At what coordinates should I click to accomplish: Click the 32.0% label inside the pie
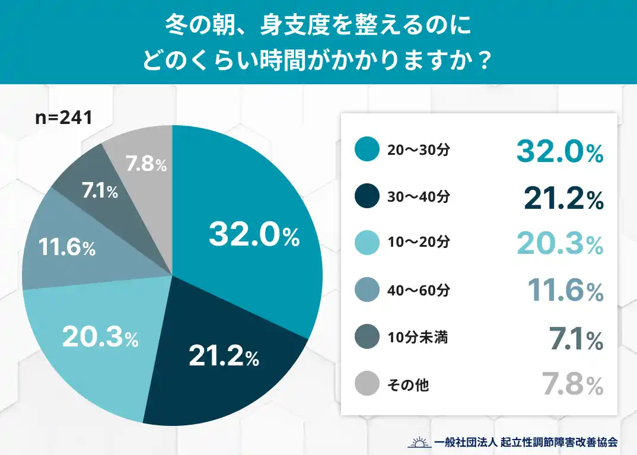pyautogui.click(x=254, y=236)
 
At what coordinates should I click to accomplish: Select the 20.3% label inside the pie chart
pyautogui.click(x=100, y=337)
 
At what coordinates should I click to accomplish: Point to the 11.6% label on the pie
pyautogui.click(x=67, y=248)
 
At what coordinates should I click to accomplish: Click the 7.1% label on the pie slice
pyautogui.click(x=100, y=191)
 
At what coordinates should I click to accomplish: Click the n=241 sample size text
pyautogui.click(x=63, y=117)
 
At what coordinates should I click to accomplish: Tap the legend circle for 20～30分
pyautogui.click(x=367, y=150)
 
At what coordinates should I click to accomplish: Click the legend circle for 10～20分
pyautogui.click(x=367, y=244)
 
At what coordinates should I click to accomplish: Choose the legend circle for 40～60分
pyautogui.click(x=367, y=291)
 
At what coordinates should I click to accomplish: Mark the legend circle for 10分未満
pyautogui.click(x=367, y=338)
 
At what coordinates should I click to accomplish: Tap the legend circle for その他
pyautogui.click(x=367, y=385)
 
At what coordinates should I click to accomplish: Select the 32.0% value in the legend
pyautogui.click(x=559, y=151)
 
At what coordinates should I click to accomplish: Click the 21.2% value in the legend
pyautogui.click(x=563, y=198)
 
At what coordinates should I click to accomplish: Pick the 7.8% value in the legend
pyautogui.click(x=572, y=386)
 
